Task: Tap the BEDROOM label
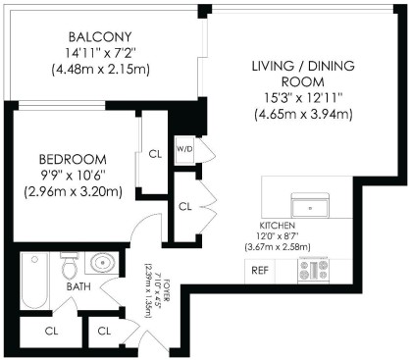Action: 72,159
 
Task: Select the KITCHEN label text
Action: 279,225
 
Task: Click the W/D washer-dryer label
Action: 183,150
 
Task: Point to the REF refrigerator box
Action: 261,269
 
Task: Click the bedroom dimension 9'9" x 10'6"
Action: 72,176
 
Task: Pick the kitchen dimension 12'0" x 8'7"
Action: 279,236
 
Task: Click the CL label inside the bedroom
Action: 155,153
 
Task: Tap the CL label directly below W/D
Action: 185,206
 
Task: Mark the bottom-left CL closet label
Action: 51,330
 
